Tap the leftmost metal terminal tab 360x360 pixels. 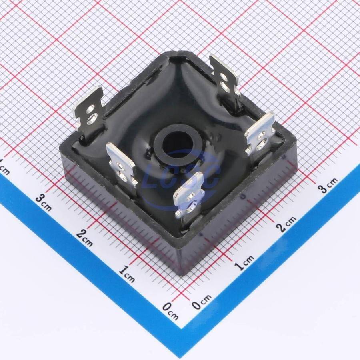coord(89,112)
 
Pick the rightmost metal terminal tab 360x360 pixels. coord(260,135)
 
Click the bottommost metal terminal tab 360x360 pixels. coord(189,195)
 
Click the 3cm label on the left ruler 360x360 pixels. coord(44,202)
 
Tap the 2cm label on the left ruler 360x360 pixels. coord(84,238)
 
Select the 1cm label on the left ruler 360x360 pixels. coord(126,274)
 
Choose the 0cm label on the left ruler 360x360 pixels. coord(170,311)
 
